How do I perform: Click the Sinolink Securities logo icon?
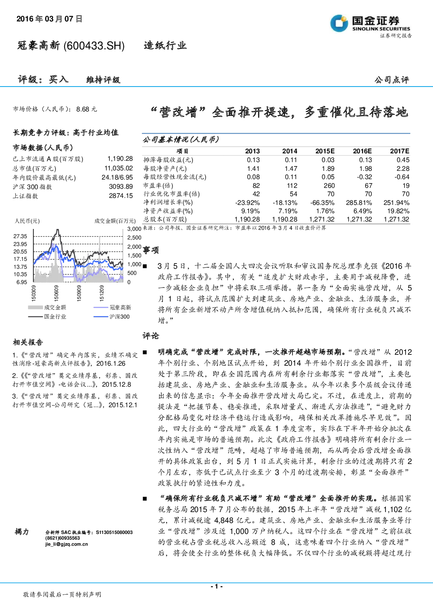[339, 23]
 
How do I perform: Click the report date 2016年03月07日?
[49, 19]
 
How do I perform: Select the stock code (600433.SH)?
[94, 46]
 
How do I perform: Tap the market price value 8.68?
[83, 109]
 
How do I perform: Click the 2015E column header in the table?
[325, 151]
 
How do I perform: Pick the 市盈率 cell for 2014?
[292, 186]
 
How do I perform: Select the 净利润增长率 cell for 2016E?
[360, 203]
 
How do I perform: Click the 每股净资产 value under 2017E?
[403, 169]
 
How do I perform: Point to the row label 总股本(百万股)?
[165, 219]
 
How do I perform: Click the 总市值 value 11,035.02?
[118, 168]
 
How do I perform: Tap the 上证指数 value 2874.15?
[120, 196]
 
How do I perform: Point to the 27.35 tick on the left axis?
[20, 236]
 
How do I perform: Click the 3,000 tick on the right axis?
[134, 229]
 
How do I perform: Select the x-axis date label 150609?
[56, 293]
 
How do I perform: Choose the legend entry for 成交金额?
[47, 308]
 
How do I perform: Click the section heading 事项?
[151, 250]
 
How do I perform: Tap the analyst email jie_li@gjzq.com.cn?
[67, 544]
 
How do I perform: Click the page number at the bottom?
[216, 586]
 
